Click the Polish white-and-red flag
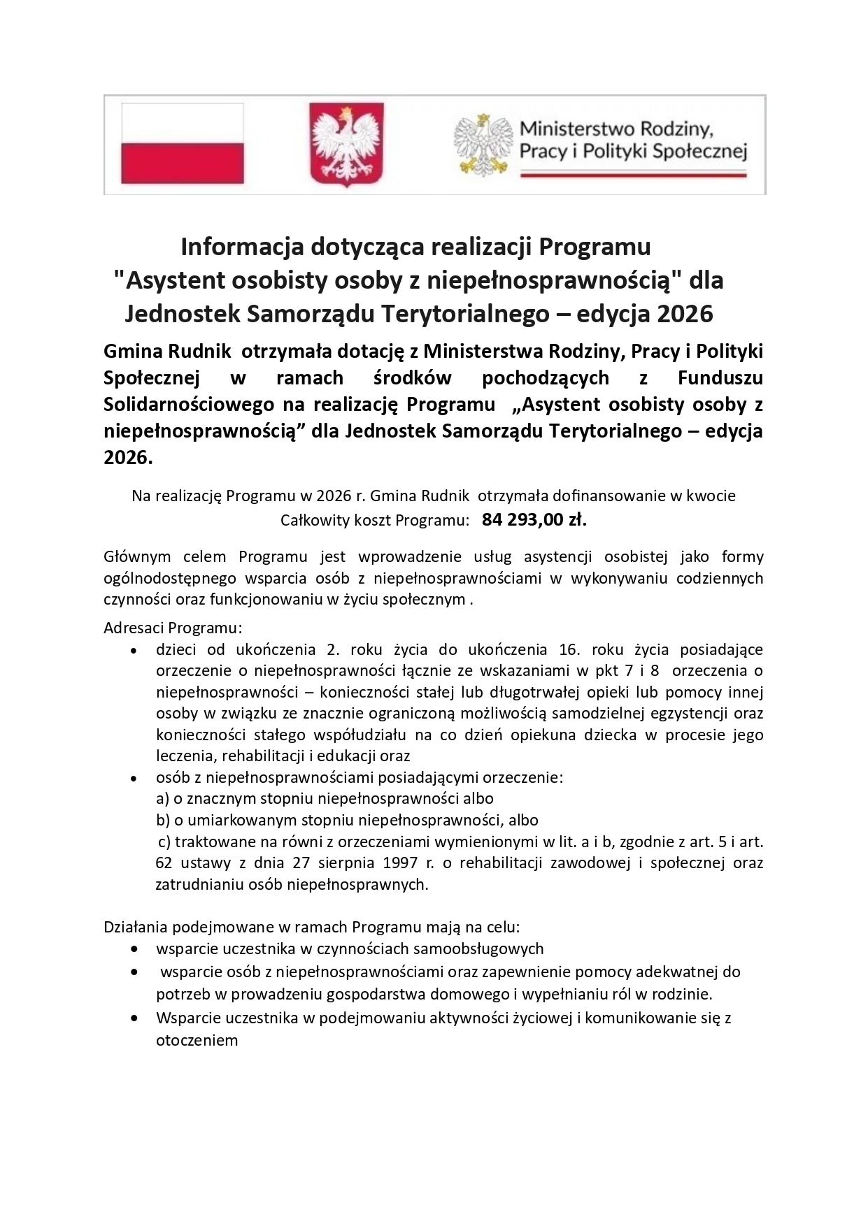[182, 143]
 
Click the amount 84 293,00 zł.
[534, 520]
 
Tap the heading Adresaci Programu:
[173, 627]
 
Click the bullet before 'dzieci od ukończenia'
[134, 650]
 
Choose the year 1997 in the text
[401, 863]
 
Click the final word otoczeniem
[197, 1039]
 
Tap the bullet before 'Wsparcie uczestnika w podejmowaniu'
[134, 1018]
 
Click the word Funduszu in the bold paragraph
[720, 378]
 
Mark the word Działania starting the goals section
[135, 928]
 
